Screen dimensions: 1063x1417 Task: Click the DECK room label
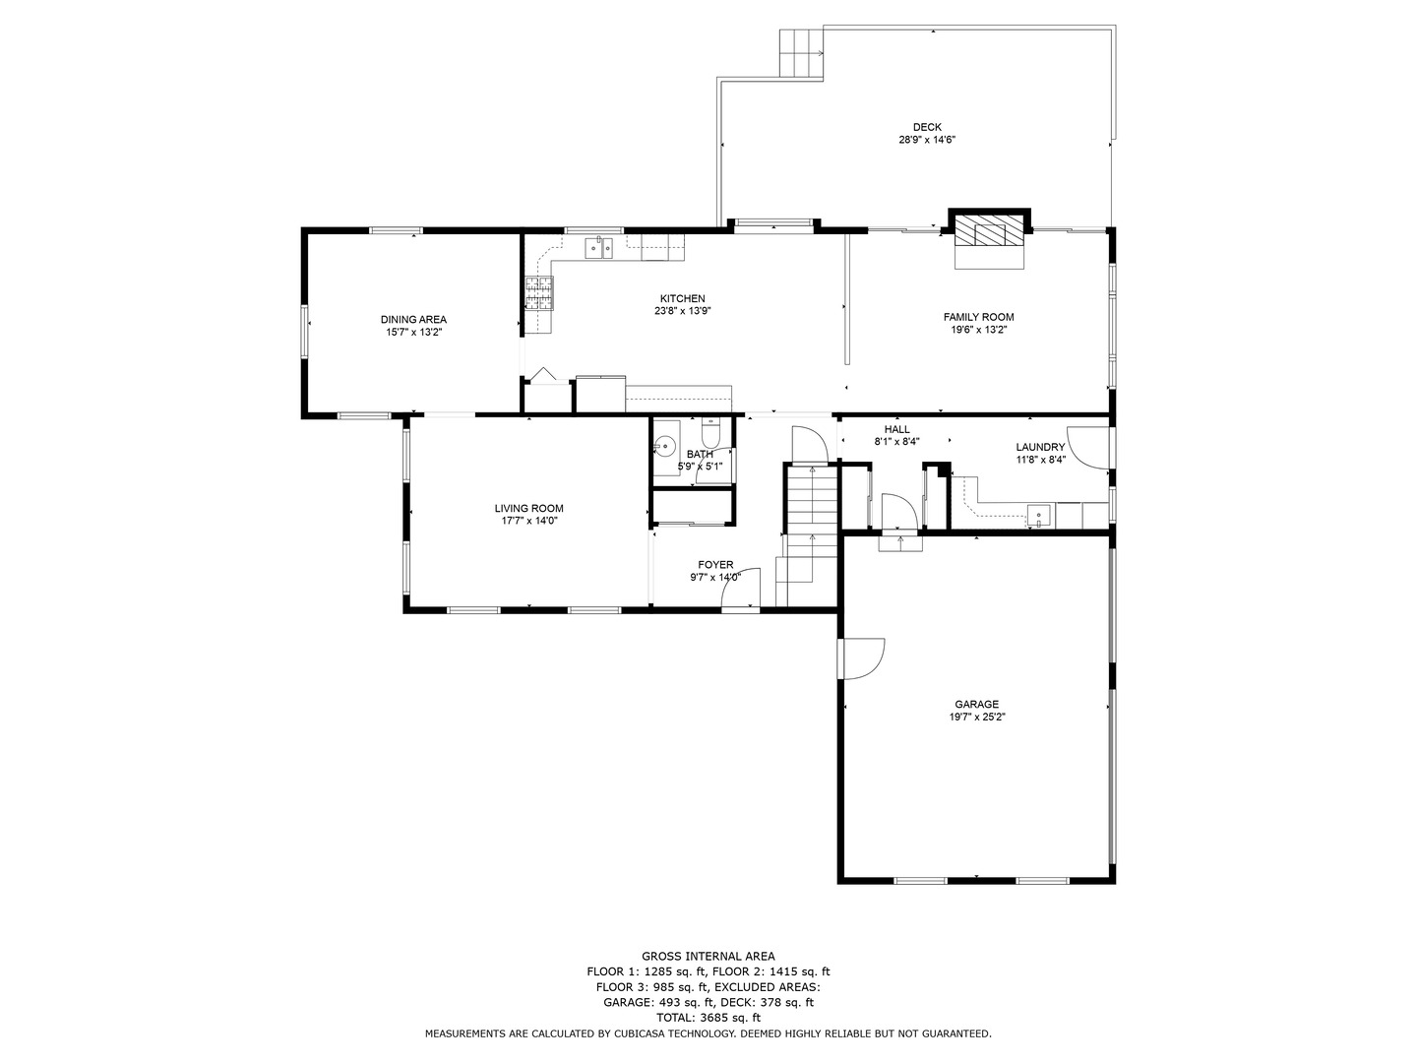click(926, 127)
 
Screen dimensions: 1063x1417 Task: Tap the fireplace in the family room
click(989, 234)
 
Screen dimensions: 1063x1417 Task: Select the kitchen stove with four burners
click(539, 292)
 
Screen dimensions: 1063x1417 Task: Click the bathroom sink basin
click(665, 443)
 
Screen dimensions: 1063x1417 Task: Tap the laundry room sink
click(1039, 515)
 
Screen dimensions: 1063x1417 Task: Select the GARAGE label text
click(976, 704)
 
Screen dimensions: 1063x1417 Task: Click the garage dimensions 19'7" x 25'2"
click(976, 718)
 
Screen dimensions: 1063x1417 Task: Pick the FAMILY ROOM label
click(978, 317)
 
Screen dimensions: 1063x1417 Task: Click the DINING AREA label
click(413, 319)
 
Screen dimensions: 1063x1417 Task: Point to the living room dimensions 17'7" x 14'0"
click(528, 522)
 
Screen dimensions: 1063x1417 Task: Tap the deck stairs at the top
click(801, 52)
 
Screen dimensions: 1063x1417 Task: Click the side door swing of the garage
click(863, 658)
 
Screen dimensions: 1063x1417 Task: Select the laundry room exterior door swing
click(1088, 446)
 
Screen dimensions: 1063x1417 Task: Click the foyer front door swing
click(743, 589)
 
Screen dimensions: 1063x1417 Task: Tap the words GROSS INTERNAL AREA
click(708, 956)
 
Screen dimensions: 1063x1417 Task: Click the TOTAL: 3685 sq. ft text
click(708, 1018)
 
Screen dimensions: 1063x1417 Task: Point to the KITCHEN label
click(682, 298)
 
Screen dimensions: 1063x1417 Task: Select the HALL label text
click(896, 429)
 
